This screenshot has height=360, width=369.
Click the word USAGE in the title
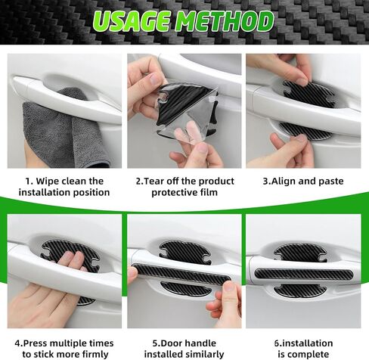coord(132,22)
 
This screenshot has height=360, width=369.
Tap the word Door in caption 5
coord(171,343)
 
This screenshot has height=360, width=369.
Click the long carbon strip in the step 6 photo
coord(303,274)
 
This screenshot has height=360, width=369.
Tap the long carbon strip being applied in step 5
coord(181,273)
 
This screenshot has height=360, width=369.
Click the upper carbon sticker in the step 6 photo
coord(300,253)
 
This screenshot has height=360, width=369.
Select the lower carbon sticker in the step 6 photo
coord(300,290)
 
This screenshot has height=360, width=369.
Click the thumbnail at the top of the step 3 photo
coord(301,82)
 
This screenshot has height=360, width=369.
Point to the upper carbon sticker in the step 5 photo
coord(185,252)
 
